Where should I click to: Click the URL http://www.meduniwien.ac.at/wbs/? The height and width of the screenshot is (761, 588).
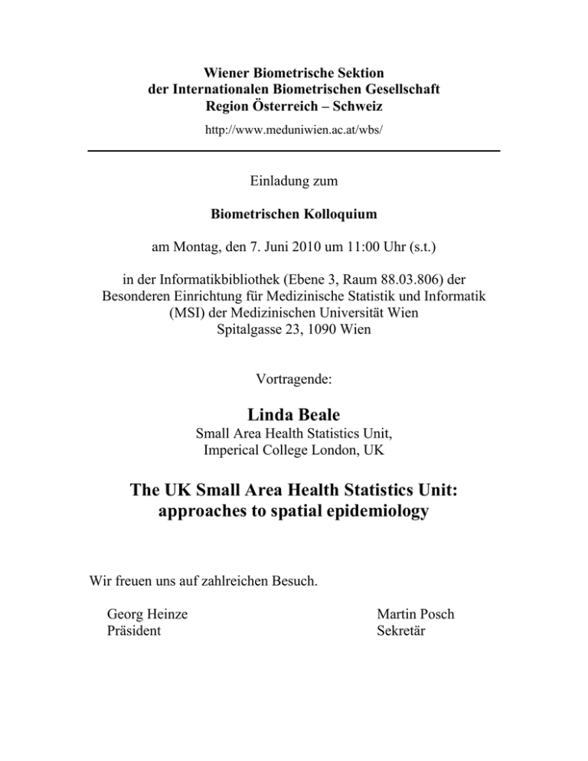point(293,131)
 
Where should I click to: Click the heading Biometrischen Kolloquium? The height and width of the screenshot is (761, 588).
point(293,215)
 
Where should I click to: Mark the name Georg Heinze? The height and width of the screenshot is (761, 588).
point(149,614)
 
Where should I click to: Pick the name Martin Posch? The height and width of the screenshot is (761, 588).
point(415,614)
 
